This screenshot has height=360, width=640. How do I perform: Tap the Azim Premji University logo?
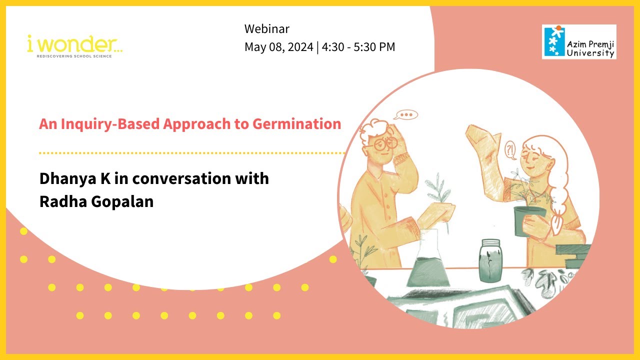[579, 42]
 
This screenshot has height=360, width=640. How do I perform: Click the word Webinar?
[267, 29]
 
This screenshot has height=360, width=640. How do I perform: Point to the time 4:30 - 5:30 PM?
[358, 47]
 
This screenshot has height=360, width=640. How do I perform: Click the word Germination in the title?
[301, 124]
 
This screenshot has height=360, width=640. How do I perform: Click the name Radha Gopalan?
[96, 203]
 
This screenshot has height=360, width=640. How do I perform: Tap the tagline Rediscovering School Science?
[74, 56]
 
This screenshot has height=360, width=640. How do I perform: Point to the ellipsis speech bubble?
[406, 115]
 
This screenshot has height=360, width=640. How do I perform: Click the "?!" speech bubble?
[509, 149]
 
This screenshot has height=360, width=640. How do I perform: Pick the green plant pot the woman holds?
[529, 219]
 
